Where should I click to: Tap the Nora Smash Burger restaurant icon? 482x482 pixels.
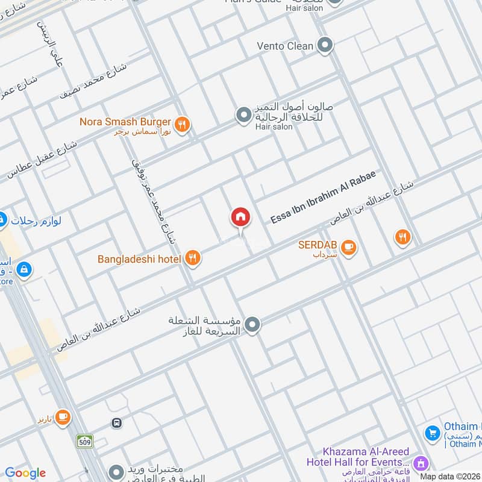click(x=184, y=125)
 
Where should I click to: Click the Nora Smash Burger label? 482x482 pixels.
click(x=125, y=122)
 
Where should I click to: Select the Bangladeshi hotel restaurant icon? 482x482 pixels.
click(x=192, y=258)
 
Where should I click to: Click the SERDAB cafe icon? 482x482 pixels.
click(x=348, y=247)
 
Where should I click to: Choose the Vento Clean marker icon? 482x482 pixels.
click(x=325, y=45)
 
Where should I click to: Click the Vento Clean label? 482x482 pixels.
click(x=285, y=46)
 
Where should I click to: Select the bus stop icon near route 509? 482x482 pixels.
click(x=116, y=423)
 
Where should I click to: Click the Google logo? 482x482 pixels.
click(x=25, y=473)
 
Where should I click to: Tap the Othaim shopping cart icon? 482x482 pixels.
click(x=431, y=433)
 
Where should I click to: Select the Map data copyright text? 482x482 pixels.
click(x=451, y=475)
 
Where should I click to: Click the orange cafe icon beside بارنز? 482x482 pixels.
click(x=62, y=416)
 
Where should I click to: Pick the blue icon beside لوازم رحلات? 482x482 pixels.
click(x=2, y=220)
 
